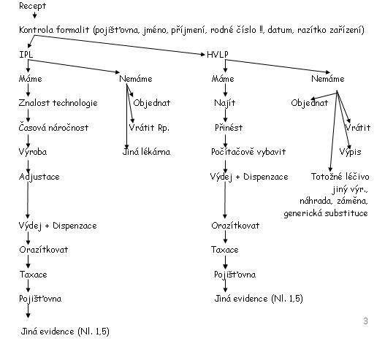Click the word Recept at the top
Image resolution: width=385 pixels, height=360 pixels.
32,6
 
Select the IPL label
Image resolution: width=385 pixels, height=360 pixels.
26,55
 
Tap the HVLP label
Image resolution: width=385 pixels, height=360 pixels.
218,55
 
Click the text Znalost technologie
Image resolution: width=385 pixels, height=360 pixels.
58,103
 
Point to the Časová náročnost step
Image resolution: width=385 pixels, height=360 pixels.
53,127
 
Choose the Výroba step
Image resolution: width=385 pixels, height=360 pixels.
33,152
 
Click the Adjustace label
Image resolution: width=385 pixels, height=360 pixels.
39,177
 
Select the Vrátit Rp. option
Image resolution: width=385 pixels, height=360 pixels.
149,128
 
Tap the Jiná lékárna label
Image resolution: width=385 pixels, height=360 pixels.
146,152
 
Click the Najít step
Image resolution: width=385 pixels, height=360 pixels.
225,103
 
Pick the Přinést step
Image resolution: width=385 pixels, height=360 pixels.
229,128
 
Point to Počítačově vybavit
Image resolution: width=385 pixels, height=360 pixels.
248,152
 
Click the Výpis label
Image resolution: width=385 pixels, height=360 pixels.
351,152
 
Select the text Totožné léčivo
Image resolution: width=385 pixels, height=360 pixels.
340,177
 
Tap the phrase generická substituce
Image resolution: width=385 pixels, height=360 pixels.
326,213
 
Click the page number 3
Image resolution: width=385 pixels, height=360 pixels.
365,321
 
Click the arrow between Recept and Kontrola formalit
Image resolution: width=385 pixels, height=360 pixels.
34,15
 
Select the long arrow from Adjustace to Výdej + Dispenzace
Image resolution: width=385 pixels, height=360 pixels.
28,200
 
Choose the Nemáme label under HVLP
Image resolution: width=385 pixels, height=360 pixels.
328,79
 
